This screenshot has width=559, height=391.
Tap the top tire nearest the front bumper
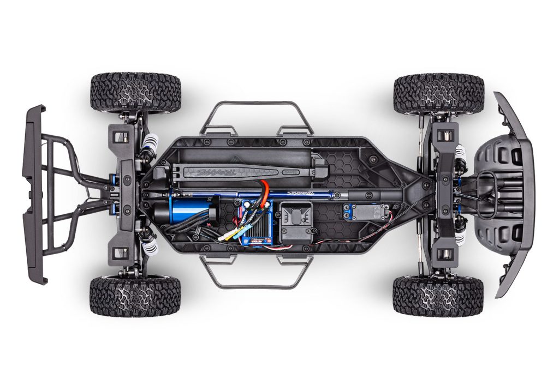coord(438,93)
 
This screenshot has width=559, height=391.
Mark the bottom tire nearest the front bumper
coord(438,295)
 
